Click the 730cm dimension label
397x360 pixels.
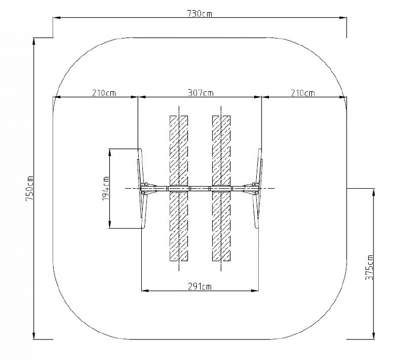(200, 13)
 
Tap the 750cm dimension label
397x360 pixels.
(30, 188)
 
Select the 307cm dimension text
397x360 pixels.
(201, 92)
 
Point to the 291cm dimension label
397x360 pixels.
(200, 286)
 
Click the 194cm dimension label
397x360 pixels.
(106, 188)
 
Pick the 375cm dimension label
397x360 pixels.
(369, 267)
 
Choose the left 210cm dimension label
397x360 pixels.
(104, 92)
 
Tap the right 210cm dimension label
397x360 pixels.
(302, 92)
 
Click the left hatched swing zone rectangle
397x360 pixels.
(179, 188)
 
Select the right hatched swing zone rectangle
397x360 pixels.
(221, 188)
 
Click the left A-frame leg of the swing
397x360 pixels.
(142, 189)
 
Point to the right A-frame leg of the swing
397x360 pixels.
(258, 189)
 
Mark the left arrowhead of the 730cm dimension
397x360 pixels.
(56, 17)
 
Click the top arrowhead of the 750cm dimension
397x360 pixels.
(34, 41)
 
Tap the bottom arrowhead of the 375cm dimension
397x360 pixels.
(374, 336)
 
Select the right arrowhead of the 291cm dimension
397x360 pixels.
(255, 291)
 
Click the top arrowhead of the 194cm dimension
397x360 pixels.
(110, 152)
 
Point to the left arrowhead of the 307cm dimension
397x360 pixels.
(141, 97)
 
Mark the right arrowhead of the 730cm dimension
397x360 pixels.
(343, 17)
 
